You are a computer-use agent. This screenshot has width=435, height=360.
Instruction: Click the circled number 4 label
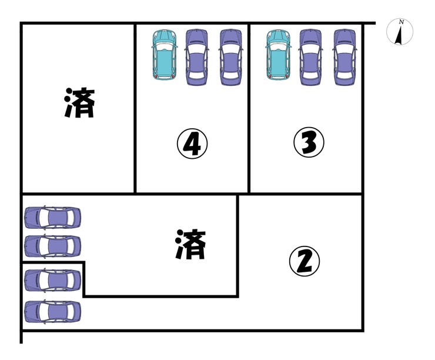[193, 145]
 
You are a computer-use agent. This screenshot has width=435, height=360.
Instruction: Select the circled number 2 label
[304, 262]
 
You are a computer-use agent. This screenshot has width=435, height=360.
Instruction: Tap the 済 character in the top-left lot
[79, 103]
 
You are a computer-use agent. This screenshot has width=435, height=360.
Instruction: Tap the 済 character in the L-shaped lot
[191, 245]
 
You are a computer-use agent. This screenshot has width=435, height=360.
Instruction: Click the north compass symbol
[400, 32]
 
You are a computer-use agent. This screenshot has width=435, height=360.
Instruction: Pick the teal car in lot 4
[165, 55]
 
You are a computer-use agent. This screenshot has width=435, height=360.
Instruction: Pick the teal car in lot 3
[277, 55]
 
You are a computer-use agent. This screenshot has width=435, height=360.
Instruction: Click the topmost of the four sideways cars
[52, 217]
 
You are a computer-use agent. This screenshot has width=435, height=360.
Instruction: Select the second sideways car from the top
[52, 246]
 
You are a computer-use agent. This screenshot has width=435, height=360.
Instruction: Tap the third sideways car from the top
[52, 280]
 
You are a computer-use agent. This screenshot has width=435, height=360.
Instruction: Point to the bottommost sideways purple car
[52, 311]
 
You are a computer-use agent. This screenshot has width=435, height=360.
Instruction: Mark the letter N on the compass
[401, 22]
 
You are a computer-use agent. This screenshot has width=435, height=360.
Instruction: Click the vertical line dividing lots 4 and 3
[249, 109]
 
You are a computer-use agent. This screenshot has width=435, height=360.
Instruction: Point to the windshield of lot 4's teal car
[165, 46]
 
